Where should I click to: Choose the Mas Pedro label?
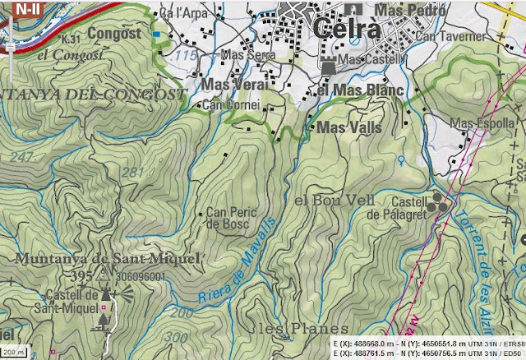(408, 11)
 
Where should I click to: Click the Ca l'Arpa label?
(181, 14)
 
